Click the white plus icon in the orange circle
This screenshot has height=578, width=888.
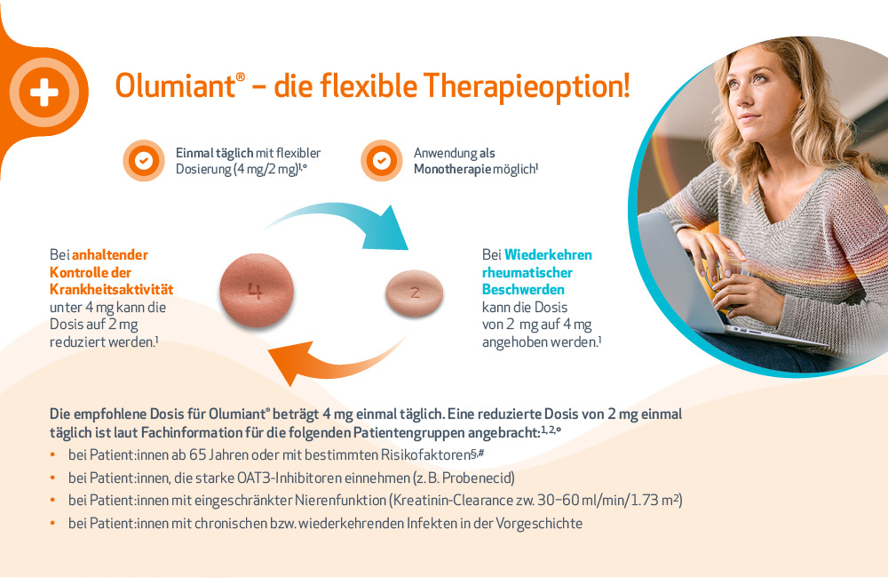44,92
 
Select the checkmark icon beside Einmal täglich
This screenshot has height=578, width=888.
144,161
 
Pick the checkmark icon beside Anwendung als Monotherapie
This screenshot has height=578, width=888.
382,161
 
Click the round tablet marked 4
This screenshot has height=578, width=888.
257,291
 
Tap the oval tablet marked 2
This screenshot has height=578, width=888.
415,293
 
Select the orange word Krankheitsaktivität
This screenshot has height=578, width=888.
112,289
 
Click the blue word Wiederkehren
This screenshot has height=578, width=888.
548,254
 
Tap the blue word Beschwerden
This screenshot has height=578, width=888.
523,289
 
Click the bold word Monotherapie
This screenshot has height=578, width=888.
452,169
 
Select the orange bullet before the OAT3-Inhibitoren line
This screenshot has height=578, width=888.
52,478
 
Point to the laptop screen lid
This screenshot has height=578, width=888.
679,272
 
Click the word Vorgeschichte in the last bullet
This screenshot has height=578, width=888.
539,523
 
